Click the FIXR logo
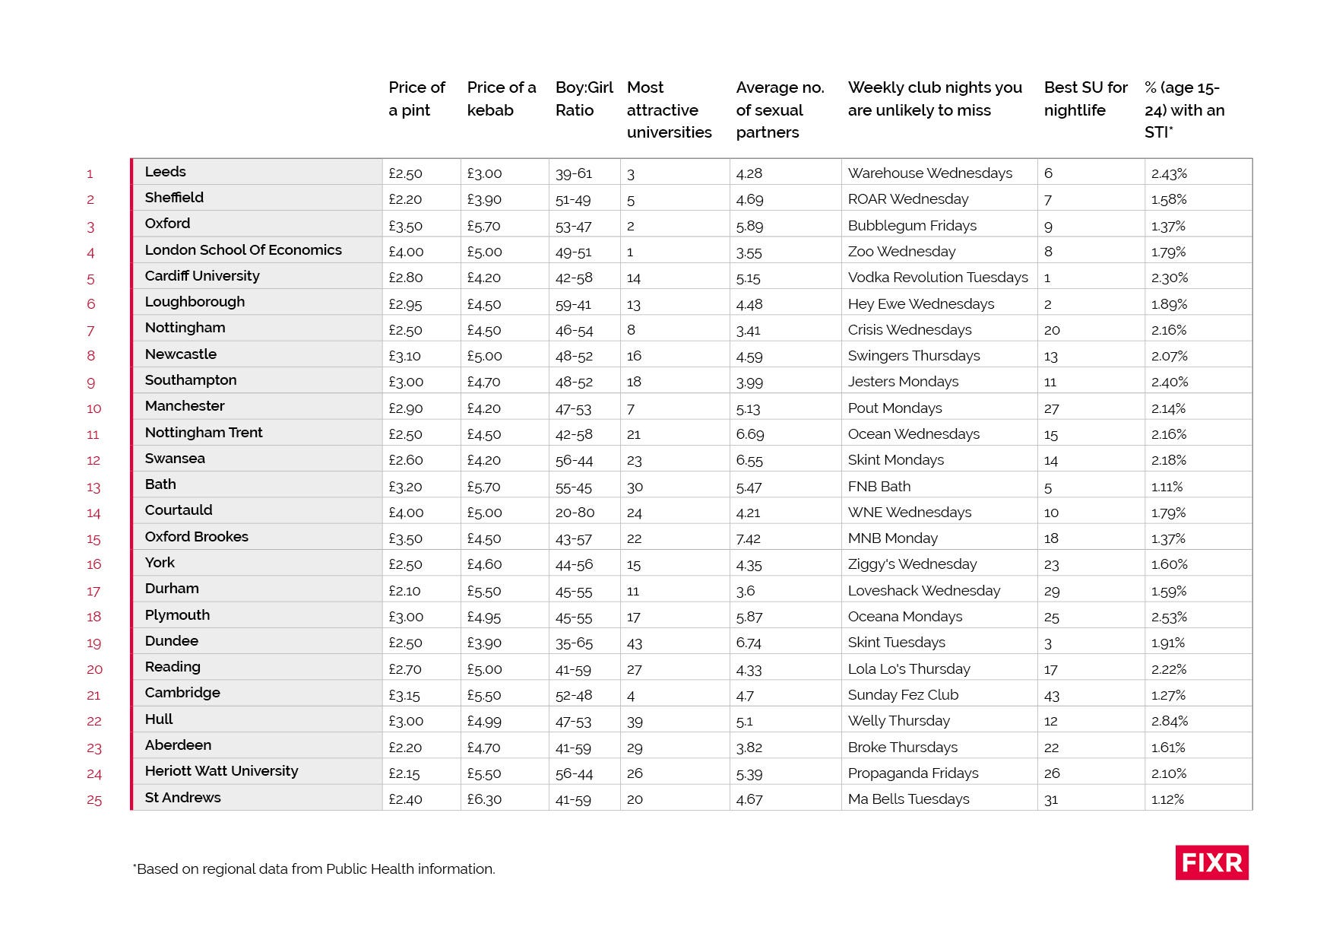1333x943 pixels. [1211, 862]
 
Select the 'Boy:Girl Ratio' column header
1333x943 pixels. [584, 99]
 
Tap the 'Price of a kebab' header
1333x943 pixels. [501, 99]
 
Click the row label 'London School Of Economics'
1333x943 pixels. [243, 250]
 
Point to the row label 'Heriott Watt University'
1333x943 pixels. [221, 771]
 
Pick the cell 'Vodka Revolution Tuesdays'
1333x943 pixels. [938, 278]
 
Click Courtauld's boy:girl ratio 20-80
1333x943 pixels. [575, 513]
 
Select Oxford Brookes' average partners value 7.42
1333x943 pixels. [749, 538]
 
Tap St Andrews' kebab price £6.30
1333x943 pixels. [484, 799]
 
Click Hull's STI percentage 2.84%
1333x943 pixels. [1169, 721]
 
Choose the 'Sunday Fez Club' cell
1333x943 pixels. [903, 695]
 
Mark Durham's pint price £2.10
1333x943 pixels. [405, 591]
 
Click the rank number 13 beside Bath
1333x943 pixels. [93, 487]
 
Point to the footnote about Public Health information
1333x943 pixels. [314, 868]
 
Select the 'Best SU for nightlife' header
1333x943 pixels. [1085, 99]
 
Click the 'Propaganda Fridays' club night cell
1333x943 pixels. [913, 773]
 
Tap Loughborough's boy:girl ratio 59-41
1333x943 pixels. [573, 304]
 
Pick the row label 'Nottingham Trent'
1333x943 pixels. [204, 433]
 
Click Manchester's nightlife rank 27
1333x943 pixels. [1051, 408]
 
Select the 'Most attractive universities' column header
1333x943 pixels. [669, 110]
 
